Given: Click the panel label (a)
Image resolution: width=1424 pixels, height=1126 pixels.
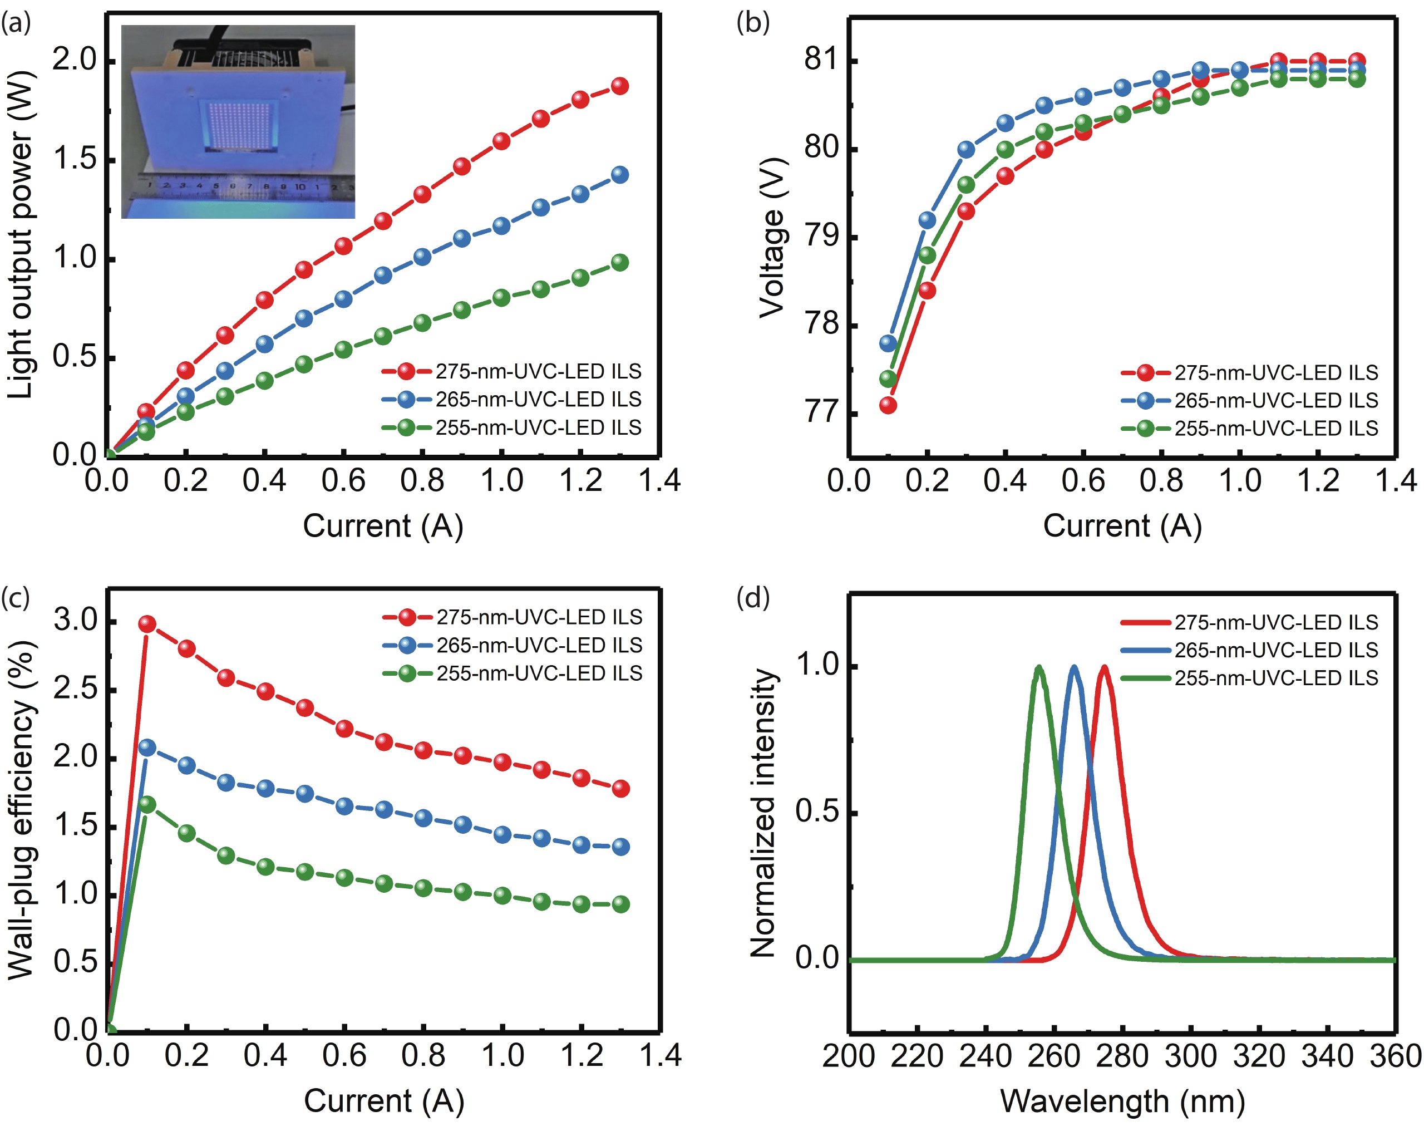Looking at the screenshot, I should (x=16, y=24).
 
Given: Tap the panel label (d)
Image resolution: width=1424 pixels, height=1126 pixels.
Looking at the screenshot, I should (x=752, y=598).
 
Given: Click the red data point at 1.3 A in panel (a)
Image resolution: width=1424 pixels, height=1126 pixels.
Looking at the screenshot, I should (x=619, y=86).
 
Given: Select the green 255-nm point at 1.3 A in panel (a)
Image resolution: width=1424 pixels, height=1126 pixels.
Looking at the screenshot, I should (x=619, y=262).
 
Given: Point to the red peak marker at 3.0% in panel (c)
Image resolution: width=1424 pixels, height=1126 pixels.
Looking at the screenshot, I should (x=147, y=623).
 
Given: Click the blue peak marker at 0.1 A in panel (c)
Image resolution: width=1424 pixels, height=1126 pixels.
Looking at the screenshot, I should (x=147, y=748).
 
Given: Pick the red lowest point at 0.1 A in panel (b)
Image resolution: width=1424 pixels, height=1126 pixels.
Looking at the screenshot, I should (x=888, y=405).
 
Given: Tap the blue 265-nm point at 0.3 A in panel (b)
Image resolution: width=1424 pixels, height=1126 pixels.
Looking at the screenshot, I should (x=966, y=150).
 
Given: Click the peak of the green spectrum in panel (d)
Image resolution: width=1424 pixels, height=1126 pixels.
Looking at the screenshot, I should (x=1039, y=668).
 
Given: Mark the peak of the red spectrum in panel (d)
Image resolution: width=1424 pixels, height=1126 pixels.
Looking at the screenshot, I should (x=1103, y=668).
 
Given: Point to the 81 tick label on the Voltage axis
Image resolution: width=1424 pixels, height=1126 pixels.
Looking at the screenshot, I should (x=820, y=60).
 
